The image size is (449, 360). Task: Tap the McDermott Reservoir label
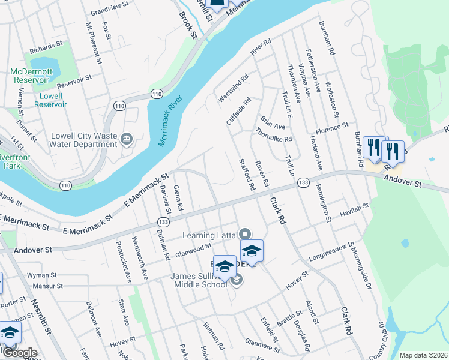pyautogui.click(x=31, y=76)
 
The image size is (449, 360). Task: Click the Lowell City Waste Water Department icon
pyautogui.click(x=126, y=140)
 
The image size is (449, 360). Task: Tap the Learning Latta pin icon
pyautogui.click(x=244, y=233)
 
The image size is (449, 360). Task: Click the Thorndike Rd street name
pyautogui.click(x=273, y=134)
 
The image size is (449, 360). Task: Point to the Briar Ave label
pyautogui.click(x=273, y=122)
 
